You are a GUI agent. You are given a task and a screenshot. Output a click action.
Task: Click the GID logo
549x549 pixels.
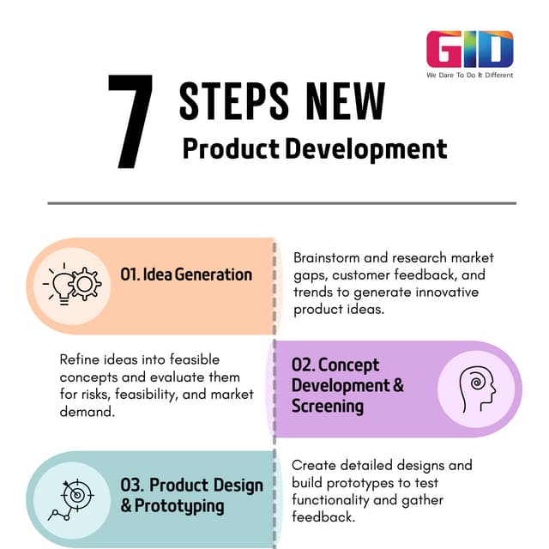(469, 50)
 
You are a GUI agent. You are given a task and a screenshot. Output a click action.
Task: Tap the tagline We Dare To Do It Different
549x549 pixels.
(469, 75)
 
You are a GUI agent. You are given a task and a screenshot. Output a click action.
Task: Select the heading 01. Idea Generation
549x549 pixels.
(186, 274)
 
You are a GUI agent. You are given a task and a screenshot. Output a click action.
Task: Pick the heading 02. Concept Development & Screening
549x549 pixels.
(347, 385)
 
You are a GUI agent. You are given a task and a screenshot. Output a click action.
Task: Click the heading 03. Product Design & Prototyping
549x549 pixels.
(191, 495)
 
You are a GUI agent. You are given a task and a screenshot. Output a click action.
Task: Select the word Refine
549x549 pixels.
(80, 359)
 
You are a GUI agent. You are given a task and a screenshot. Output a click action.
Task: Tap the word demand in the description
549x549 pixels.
(87, 411)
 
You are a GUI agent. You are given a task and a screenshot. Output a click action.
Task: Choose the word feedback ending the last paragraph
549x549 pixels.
(323, 518)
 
